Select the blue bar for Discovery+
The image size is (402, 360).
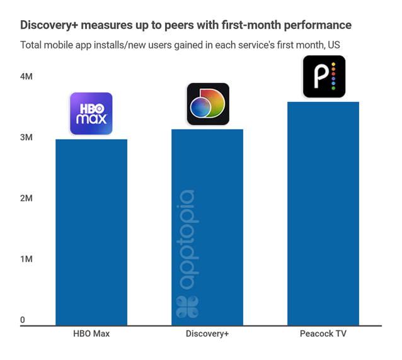[x=207, y=227]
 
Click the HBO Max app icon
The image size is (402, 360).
[x=91, y=114]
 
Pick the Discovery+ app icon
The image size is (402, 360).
[x=208, y=104]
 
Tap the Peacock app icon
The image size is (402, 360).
[x=324, y=77]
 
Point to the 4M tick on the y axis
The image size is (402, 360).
[x=26, y=77]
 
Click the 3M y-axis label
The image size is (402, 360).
[x=26, y=138]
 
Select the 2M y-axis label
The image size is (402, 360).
[x=26, y=198]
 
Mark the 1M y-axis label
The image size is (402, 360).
[x=26, y=259]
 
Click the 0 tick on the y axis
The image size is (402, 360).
[x=23, y=320]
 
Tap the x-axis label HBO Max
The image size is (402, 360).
[x=91, y=334]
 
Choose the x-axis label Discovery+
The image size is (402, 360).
[x=207, y=334]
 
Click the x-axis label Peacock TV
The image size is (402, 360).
[x=323, y=334]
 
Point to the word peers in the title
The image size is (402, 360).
[x=178, y=25]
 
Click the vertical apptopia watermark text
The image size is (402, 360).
[x=187, y=239]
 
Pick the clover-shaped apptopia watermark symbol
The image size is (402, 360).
[x=187, y=307]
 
